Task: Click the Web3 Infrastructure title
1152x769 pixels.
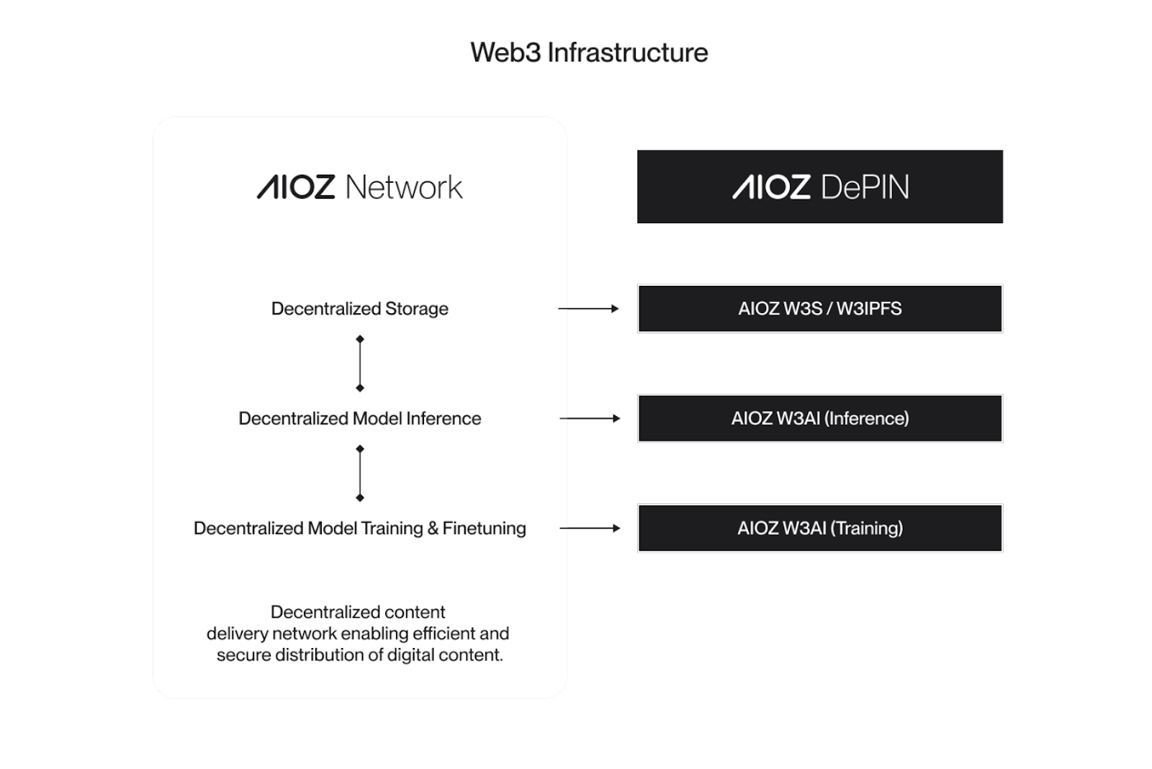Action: click(x=589, y=53)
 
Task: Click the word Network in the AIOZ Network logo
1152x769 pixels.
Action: click(x=403, y=187)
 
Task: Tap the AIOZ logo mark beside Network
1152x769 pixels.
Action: click(x=296, y=187)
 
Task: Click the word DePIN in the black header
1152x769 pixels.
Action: click(x=864, y=187)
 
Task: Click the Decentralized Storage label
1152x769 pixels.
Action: click(x=359, y=309)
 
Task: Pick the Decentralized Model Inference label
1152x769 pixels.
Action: click(x=359, y=418)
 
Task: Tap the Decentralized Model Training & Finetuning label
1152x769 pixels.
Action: click(x=359, y=529)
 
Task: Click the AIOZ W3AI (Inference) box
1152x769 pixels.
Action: click(x=819, y=418)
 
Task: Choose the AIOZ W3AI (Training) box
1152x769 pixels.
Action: click(x=819, y=529)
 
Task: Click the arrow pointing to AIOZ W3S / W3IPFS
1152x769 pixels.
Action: click(x=588, y=309)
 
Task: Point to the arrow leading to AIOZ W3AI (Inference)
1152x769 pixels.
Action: click(x=589, y=418)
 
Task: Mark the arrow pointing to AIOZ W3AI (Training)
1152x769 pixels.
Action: click(x=589, y=529)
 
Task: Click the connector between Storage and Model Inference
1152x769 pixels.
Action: click(x=360, y=364)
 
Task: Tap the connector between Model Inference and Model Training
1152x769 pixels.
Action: click(x=360, y=473)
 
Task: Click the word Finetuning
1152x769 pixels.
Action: click(x=484, y=529)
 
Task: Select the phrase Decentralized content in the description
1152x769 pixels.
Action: click(x=358, y=612)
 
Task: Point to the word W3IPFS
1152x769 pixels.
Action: click(x=868, y=309)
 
